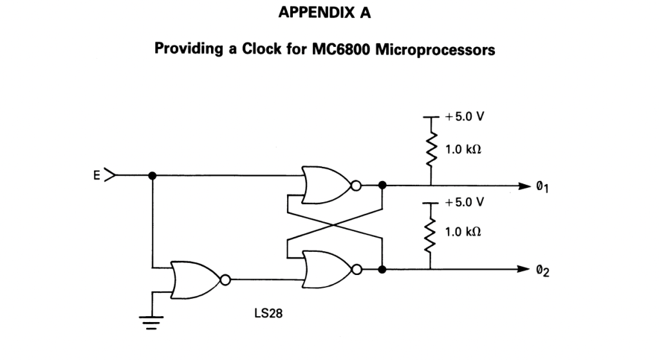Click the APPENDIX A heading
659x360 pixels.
click(325, 14)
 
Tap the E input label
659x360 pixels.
click(97, 175)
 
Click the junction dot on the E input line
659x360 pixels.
click(152, 175)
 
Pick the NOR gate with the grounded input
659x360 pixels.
click(194, 280)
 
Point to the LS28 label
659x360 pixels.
click(268, 316)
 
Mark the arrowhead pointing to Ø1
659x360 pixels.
click(523, 185)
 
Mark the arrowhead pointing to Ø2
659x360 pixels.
click(523, 269)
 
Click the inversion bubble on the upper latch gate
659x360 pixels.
click(355, 185)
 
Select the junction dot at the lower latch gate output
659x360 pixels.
click(382, 269)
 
